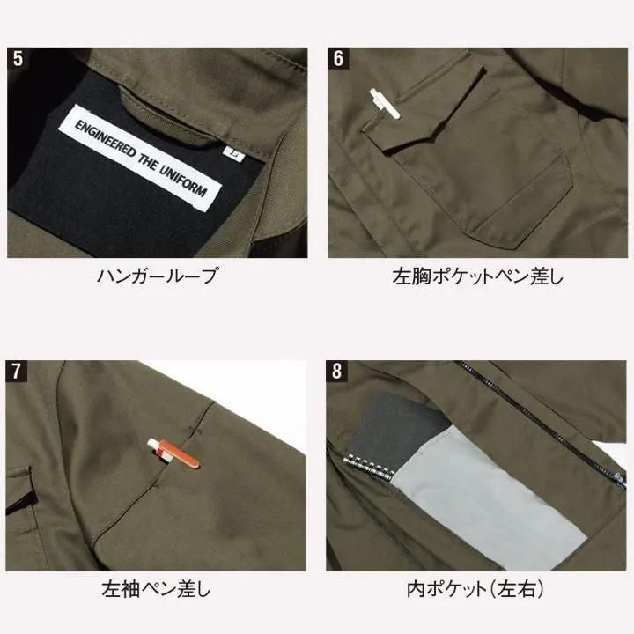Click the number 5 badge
(x=18, y=59)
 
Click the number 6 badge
(x=338, y=59)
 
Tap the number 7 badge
(x=16, y=372)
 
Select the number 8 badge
(x=336, y=372)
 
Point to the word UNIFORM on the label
(x=183, y=181)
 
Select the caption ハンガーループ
(x=158, y=276)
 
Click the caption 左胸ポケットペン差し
(x=478, y=276)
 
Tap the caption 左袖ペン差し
(x=157, y=589)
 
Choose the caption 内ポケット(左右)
(x=475, y=589)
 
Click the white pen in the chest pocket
(x=385, y=104)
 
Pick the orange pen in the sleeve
(x=173, y=453)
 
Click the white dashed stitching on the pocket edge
(x=368, y=467)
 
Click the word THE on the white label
(x=147, y=161)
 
